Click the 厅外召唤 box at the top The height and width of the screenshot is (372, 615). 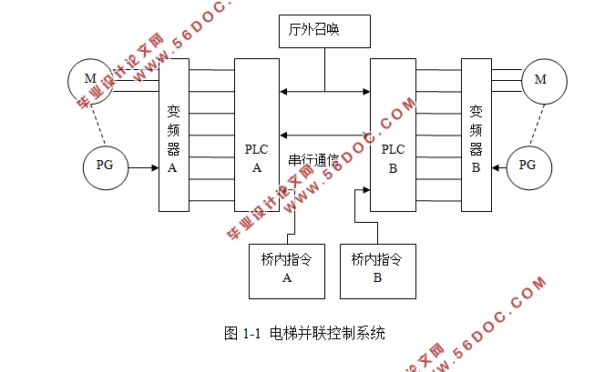click(x=324, y=32)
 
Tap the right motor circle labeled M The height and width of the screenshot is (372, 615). click(x=539, y=80)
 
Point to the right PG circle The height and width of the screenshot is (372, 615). click(x=528, y=166)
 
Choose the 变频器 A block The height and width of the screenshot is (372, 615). click(x=173, y=136)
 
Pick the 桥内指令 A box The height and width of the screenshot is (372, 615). click(x=286, y=269)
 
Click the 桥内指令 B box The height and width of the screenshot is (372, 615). click(x=377, y=269)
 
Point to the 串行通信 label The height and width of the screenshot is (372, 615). click(x=313, y=160)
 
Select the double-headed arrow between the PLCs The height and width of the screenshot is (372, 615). click(x=324, y=91)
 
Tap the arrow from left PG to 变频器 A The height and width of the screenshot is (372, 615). click(x=144, y=167)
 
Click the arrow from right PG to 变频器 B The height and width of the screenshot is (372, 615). click(x=497, y=166)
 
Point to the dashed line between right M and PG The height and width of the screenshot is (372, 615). click(x=534, y=123)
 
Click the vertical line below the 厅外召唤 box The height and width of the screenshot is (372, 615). click(x=324, y=69)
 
